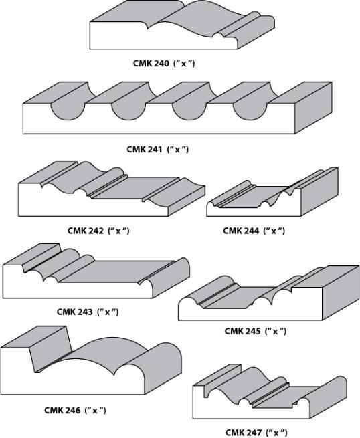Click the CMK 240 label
tap(164, 64)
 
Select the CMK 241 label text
tap(158, 149)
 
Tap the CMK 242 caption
tap(98, 231)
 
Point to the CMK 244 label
tap(254, 231)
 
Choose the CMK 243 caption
tap(88, 312)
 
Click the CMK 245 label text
tap(256, 331)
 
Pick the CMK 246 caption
tap(75, 410)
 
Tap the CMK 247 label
tap(256, 433)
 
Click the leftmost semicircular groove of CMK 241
tap(68, 111)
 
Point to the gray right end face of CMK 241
tap(314, 108)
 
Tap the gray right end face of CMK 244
tap(319, 191)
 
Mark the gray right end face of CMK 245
tap(341, 292)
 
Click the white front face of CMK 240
tap(163, 39)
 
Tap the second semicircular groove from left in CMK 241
tap(128, 111)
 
